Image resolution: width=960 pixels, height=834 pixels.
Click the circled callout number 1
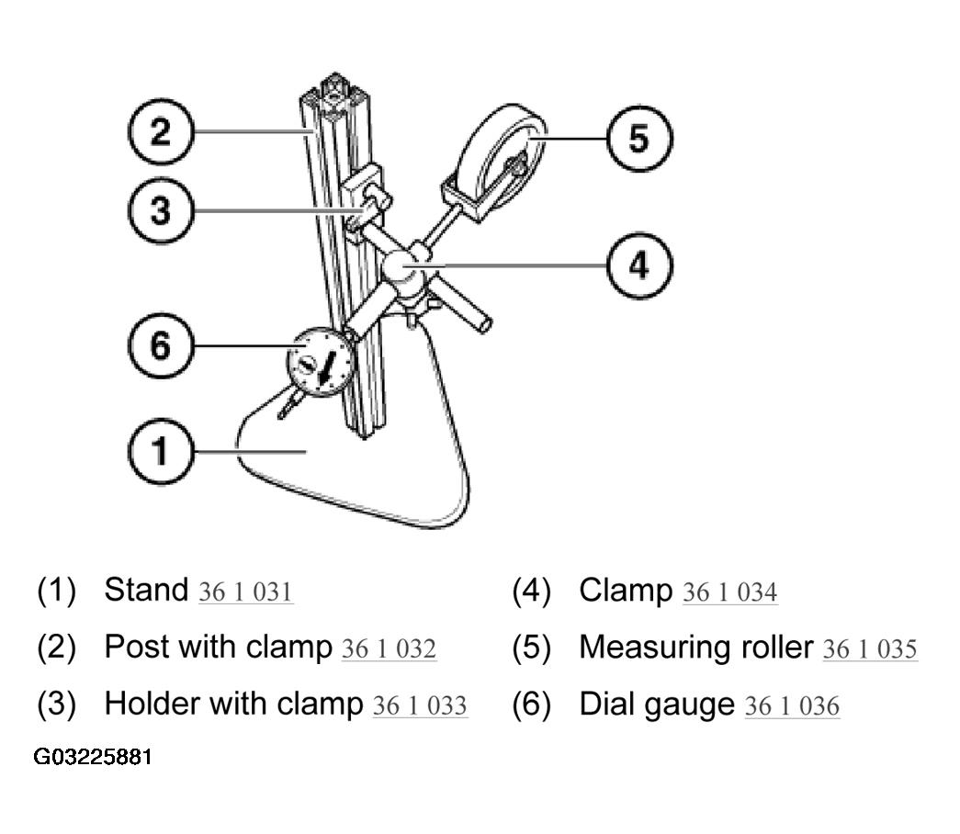click(161, 451)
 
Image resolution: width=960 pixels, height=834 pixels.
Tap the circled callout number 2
click(161, 131)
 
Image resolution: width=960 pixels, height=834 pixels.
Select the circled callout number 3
click(161, 210)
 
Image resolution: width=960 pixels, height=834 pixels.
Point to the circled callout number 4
click(639, 265)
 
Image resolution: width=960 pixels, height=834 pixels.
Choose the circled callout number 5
click(639, 139)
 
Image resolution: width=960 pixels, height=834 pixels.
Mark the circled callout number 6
click(161, 345)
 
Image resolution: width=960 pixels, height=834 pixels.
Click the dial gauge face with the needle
click(321, 363)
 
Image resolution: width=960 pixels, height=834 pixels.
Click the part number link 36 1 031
click(245, 592)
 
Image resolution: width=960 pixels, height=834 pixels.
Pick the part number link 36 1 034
click(729, 592)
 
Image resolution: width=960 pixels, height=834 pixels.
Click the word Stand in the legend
click(146, 590)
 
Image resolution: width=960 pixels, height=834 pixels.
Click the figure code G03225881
click(93, 757)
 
